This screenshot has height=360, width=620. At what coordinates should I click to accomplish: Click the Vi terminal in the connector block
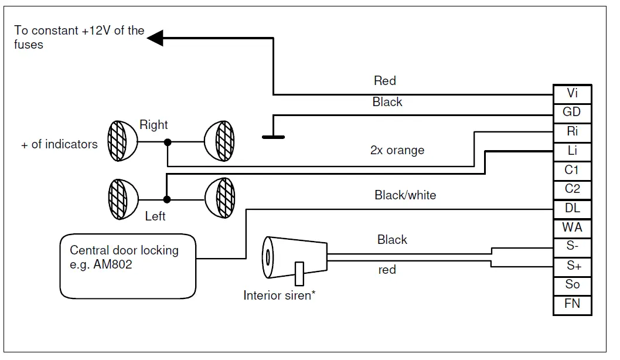point(572,94)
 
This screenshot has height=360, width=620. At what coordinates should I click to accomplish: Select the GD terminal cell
point(572,113)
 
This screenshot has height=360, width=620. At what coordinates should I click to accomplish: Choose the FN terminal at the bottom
point(572,305)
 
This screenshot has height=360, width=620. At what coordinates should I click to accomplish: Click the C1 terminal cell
point(572,171)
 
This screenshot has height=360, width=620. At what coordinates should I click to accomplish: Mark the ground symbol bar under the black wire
point(273,137)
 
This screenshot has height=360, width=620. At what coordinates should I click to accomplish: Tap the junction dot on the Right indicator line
point(168,142)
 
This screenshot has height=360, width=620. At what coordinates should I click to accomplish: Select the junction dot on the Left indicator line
point(167,199)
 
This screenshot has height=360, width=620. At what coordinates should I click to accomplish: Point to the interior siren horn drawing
point(295,258)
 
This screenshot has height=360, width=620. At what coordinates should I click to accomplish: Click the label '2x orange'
point(397,150)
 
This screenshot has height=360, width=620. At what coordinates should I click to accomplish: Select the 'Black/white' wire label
point(406,195)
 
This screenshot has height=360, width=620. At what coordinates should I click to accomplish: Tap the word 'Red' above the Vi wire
point(385,81)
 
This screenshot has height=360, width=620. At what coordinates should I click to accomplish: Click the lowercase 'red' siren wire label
point(387,270)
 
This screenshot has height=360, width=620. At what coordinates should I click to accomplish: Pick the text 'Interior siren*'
point(279,296)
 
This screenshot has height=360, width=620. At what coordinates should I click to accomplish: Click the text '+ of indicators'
point(59,144)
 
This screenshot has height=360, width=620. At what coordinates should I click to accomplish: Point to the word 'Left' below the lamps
point(155,216)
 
